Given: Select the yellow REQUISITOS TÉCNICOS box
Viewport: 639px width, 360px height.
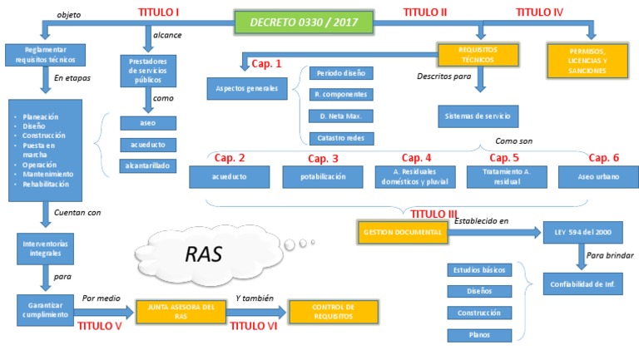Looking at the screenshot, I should (x=478, y=55).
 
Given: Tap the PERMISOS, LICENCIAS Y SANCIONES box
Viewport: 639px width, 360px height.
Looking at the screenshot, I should (x=587, y=61).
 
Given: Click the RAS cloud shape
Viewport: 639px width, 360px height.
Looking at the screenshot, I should (x=203, y=254).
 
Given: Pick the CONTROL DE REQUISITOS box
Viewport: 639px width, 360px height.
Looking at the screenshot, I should (x=333, y=312).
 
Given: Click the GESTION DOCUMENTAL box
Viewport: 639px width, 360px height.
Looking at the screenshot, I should (x=402, y=232).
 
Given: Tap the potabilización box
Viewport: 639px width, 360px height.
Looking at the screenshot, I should (x=323, y=176).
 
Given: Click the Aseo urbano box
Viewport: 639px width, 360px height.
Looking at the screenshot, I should (x=592, y=176).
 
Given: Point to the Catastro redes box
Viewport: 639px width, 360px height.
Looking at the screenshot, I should (x=340, y=138).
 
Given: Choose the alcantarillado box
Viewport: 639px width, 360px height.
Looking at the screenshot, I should (x=147, y=165).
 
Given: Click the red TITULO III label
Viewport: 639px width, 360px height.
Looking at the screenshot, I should (x=435, y=214).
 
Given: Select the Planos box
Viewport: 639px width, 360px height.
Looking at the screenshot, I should (x=478, y=335).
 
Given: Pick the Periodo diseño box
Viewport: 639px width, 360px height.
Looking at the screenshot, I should (x=340, y=73).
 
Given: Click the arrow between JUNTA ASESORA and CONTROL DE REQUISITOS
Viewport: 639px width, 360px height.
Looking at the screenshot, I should (x=256, y=313).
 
